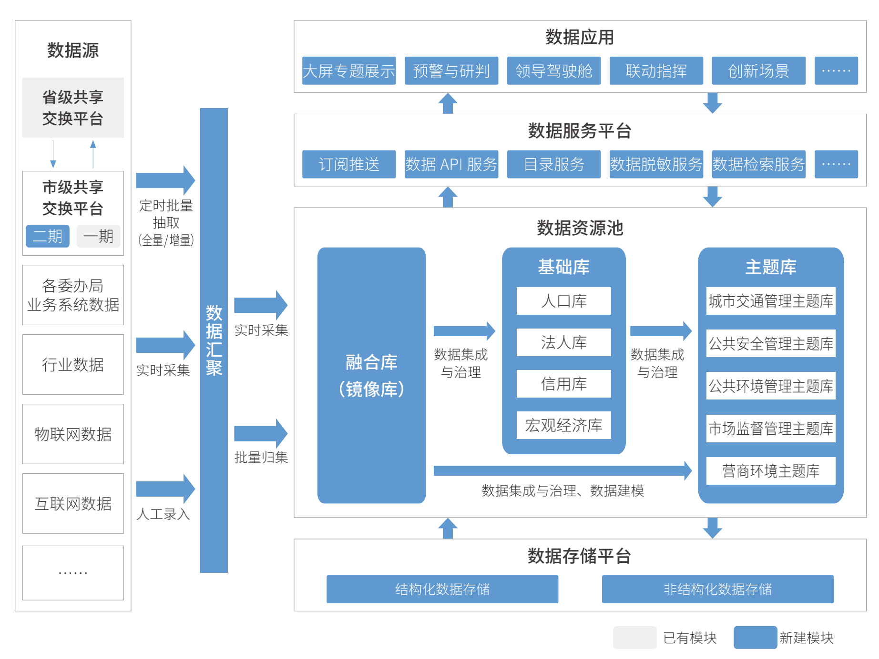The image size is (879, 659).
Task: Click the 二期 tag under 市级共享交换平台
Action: (48, 236)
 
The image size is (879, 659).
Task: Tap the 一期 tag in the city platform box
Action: (98, 236)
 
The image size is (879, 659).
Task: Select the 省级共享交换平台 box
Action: (73, 108)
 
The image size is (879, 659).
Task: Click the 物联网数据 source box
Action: (73, 434)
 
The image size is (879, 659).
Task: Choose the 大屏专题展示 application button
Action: (349, 71)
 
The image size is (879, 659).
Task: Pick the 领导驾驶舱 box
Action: (553, 71)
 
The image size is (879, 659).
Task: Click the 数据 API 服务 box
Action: (451, 164)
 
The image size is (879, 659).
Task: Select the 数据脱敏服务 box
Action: (656, 164)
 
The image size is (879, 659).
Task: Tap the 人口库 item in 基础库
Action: (563, 301)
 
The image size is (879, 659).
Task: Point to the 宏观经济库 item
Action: (563, 425)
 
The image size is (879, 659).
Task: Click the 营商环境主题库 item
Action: (770, 471)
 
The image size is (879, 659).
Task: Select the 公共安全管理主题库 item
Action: (770, 343)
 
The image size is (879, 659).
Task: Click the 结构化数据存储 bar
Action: (442, 589)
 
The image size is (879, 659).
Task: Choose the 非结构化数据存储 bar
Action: (717, 589)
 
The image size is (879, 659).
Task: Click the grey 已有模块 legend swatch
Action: (634, 638)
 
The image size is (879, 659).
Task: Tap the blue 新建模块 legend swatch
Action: (755, 638)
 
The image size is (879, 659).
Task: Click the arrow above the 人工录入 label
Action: (165, 489)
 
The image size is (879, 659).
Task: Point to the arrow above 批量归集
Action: (260, 433)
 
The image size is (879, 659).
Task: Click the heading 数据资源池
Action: (580, 228)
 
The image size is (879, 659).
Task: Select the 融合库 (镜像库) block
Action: (371, 375)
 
